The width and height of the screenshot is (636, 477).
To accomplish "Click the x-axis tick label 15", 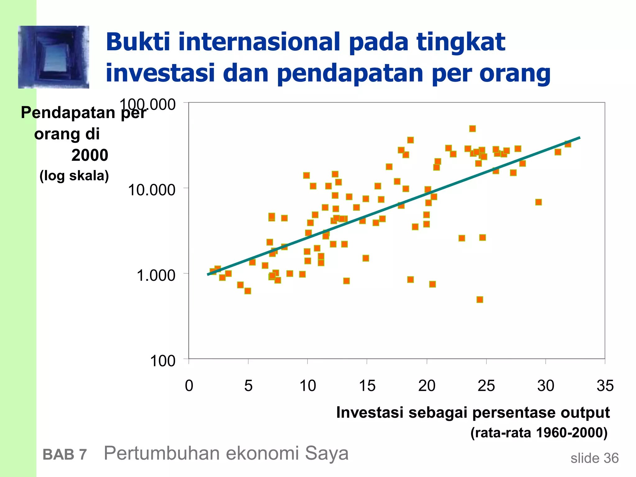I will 367,386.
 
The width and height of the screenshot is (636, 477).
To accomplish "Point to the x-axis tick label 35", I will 605,386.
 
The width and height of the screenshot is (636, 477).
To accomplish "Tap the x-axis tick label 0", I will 189,386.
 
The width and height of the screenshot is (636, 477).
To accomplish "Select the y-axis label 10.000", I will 152,190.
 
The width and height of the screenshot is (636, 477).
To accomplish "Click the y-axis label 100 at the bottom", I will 162,361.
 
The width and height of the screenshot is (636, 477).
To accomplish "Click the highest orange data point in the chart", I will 472,129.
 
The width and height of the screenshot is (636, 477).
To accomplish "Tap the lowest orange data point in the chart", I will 480,299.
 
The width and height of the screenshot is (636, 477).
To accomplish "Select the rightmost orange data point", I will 568,144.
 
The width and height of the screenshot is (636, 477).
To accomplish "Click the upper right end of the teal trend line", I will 579,138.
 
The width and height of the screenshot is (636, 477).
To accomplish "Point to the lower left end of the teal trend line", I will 208,275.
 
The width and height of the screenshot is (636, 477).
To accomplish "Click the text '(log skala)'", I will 74,176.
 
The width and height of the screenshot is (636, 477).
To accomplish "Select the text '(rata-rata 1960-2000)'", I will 539,432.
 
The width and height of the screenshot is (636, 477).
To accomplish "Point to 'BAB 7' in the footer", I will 65,455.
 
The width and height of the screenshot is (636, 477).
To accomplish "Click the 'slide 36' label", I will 594,458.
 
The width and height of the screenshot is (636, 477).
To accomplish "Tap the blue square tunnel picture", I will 53,57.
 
